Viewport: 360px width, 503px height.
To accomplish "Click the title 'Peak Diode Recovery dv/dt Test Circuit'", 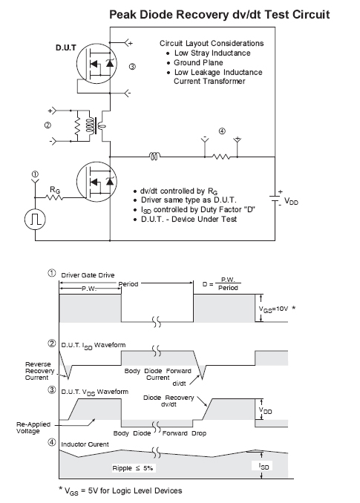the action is coord(220,15).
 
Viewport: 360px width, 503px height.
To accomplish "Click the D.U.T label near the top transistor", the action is coord(66,47).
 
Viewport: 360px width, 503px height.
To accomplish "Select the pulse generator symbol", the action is coord(35,220).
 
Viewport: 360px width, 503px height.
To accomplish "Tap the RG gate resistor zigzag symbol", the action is coord(55,197).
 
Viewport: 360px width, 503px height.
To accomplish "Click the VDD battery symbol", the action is coord(275,199).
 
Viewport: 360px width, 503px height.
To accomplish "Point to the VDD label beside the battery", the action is coord(291,202).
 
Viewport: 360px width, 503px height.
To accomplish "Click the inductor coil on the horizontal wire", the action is coord(154,157).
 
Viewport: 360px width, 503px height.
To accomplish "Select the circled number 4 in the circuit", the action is coord(222,131).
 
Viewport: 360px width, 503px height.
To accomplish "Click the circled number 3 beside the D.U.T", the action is coord(132,67).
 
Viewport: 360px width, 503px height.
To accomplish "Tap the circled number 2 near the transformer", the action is coord(48,125).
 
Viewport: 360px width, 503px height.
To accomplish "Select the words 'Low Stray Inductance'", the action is coord(212,53).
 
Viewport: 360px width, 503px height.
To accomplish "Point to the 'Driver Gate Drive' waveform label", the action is coord(88,275).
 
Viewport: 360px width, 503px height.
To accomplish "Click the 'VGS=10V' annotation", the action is coord(273,309).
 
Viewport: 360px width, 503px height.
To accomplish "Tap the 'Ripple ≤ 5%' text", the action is coord(133,468).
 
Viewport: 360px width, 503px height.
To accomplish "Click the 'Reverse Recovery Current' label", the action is coord(38,371).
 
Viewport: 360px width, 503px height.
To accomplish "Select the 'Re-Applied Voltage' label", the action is coord(33,427).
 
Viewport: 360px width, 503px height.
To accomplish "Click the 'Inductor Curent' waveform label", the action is coord(85,444).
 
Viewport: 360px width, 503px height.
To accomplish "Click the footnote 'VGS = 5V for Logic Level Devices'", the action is coord(120,491).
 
